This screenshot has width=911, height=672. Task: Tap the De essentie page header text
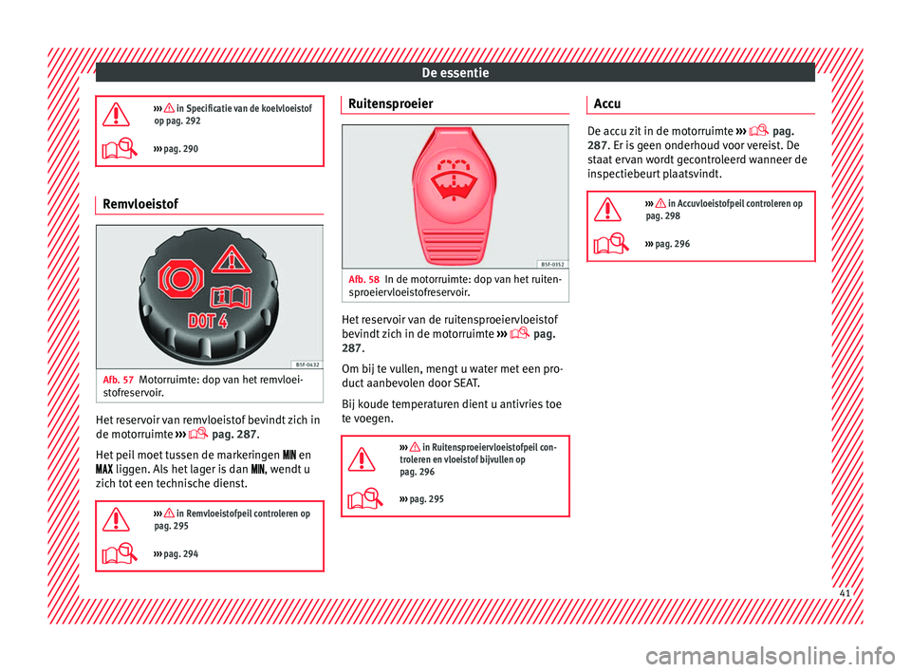pyautogui.click(x=455, y=71)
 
